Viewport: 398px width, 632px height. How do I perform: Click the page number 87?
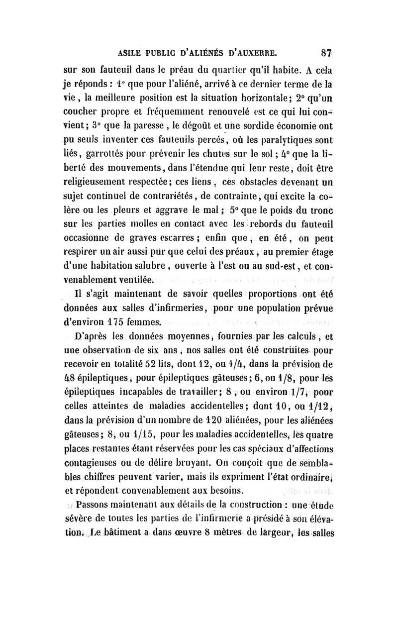click(326, 52)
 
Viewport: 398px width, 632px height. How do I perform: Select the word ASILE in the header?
click(130, 52)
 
